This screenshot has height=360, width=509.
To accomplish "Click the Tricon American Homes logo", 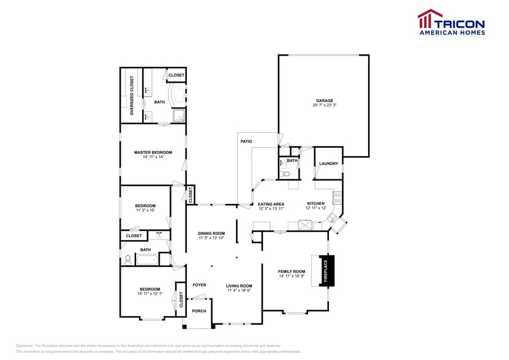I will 451,22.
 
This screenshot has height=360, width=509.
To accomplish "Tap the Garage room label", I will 325,100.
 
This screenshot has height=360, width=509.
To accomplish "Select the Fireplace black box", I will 325,271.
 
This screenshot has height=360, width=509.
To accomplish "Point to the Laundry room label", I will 328,163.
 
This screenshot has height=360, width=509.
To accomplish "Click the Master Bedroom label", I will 153,152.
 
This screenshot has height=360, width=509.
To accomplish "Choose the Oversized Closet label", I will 132,96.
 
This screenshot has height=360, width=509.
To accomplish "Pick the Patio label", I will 246,141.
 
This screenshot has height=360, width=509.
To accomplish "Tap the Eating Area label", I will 271,204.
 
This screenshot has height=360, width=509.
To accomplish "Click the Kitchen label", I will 315,204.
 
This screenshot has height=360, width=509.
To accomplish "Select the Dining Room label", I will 211,233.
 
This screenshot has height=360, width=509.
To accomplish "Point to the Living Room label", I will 239,286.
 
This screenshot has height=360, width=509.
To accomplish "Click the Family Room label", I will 292,271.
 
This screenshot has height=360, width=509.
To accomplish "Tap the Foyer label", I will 199,285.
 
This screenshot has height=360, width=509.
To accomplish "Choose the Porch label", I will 199,311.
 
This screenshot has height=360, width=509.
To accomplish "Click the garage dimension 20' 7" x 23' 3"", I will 325,105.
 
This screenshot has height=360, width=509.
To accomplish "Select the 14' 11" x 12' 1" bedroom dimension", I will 149,294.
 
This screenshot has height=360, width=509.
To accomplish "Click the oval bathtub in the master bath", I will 178,97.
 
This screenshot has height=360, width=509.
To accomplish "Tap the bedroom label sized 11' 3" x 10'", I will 145,206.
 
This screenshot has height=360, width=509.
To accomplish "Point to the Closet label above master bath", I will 176,75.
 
